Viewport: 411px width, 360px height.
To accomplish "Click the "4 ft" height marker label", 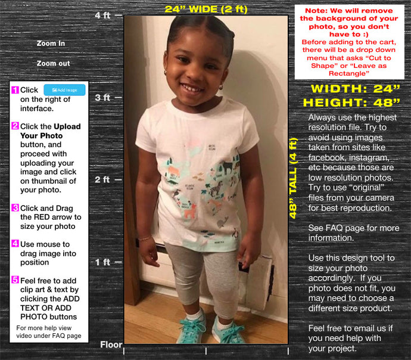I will click(x=102, y=15).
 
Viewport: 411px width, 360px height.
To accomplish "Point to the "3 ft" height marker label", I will click(x=102, y=97).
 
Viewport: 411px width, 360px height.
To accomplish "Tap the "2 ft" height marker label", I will click(x=102, y=179).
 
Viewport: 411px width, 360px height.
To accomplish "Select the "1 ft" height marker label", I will click(x=102, y=262).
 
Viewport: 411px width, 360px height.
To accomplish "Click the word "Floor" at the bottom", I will click(x=111, y=345).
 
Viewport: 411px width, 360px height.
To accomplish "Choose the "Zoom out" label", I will click(x=53, y=63).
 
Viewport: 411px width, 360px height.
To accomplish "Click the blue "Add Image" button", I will click(x=64, y=90).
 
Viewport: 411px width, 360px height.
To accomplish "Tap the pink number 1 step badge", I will click(x=15, y=90).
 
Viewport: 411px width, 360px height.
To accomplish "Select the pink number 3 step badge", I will click(x=15, y=208).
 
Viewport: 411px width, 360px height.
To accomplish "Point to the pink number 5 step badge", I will click(x=15, y=280).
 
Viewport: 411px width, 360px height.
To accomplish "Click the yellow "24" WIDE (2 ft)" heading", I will click(x=205, y=9).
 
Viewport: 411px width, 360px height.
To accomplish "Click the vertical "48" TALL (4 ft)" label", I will click(x=293, y=178).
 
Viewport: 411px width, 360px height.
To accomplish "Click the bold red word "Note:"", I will click(x=320, y=11).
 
